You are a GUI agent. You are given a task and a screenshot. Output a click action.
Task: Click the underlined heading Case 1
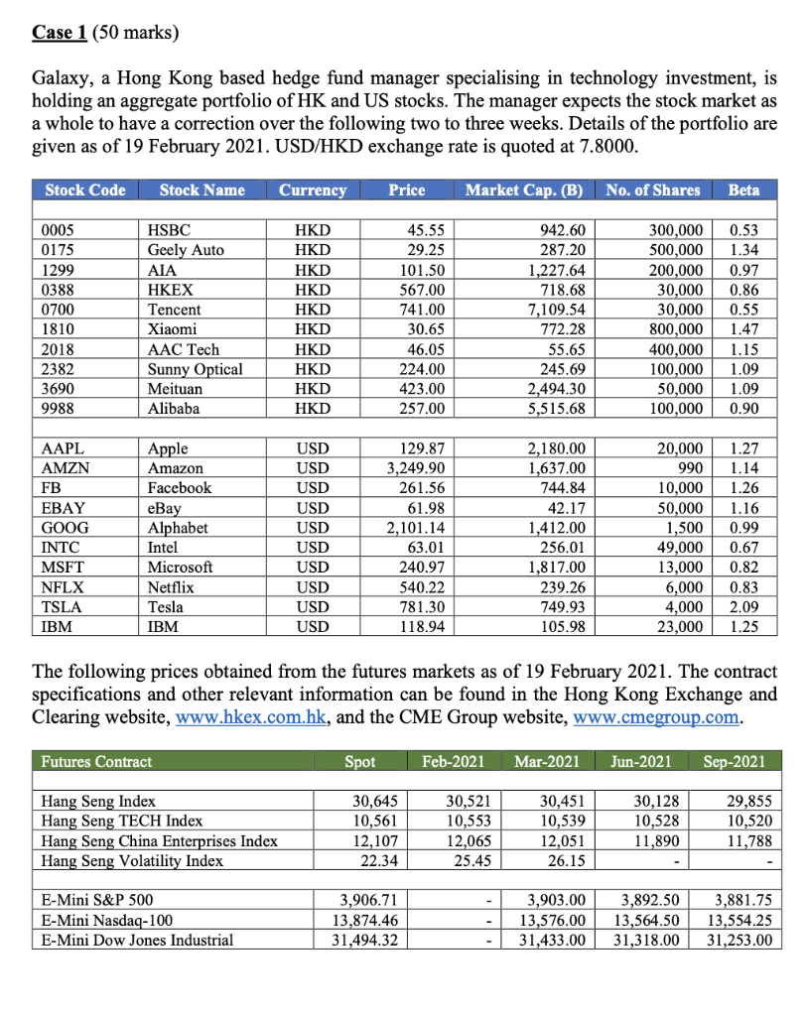click(59, 32)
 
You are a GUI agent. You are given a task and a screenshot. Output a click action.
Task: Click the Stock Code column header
click(85, 190)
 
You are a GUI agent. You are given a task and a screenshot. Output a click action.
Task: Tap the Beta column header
click(743, 190)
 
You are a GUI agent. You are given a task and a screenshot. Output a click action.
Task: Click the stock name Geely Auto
click(186, 250)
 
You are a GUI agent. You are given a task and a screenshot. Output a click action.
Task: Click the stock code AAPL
click(62, 448)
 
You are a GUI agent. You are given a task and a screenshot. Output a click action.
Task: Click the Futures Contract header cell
click(96, 762)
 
